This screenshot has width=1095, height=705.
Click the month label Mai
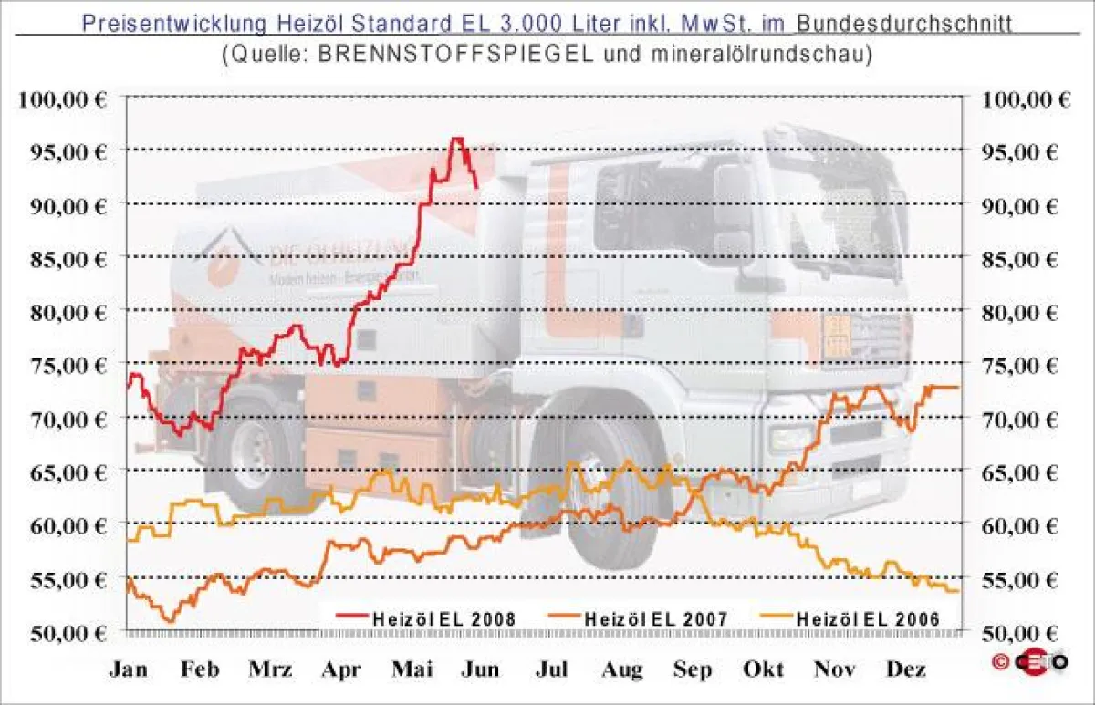click(412, 670)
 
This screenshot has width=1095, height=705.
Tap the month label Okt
click(764, 670)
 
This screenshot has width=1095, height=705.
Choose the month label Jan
click(129, 670)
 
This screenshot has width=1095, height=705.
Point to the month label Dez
click(904, 670)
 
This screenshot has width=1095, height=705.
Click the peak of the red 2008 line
click(456, 139)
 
